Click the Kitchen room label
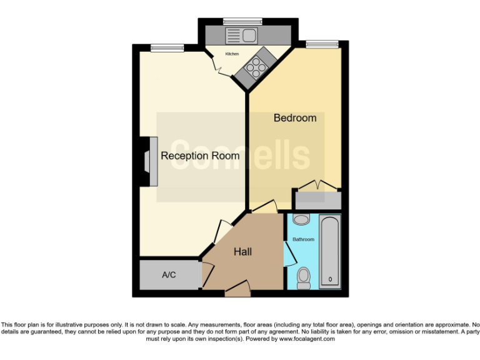tap(232, 54)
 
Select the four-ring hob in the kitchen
tap(256, 65)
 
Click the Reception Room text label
tap(200, 156)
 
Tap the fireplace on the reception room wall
tap(148, 161)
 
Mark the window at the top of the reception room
tap(167, 47)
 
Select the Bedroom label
tap(295, 118)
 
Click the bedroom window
tap(321, 44)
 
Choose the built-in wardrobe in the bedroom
tap(317, 199)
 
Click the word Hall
tap(242, 252)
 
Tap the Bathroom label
tap(303, 239)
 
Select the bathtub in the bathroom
tap(329, 251)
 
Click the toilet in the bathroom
tap(304, 277)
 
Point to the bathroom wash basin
tap(301, 220)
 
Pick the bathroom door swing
tap(289, 254)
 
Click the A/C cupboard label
tap(168, 275)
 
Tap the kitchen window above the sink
tap(242, 21)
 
